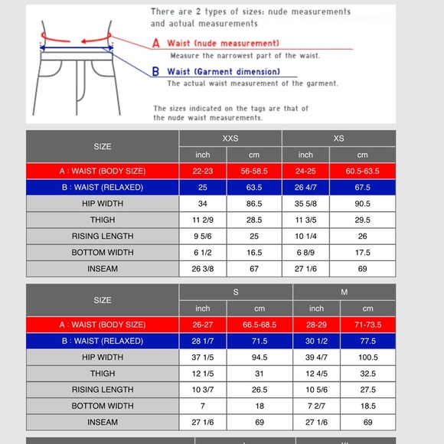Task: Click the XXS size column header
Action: tap(230, 139)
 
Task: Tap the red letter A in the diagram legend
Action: tap(156, 43)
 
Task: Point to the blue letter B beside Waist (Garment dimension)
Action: tap(156, 70)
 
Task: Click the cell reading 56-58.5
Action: tap(254, 171)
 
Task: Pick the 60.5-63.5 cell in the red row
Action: tap(362, 171)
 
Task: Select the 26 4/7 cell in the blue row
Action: tap(316, 188)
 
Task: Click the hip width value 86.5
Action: tap(254, 204)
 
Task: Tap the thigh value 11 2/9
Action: tap(203, 220)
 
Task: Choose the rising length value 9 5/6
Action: tap(203, 236)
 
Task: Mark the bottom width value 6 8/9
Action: tap(316, 252)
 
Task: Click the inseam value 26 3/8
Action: tap(203, 269)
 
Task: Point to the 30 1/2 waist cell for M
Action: tap(316, 341)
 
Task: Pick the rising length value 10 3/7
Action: tap(203, 390)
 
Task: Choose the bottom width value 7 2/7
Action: tap(316, 406)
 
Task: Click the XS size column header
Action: tap(339, 139)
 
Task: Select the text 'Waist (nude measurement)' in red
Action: tap(224, 43)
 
